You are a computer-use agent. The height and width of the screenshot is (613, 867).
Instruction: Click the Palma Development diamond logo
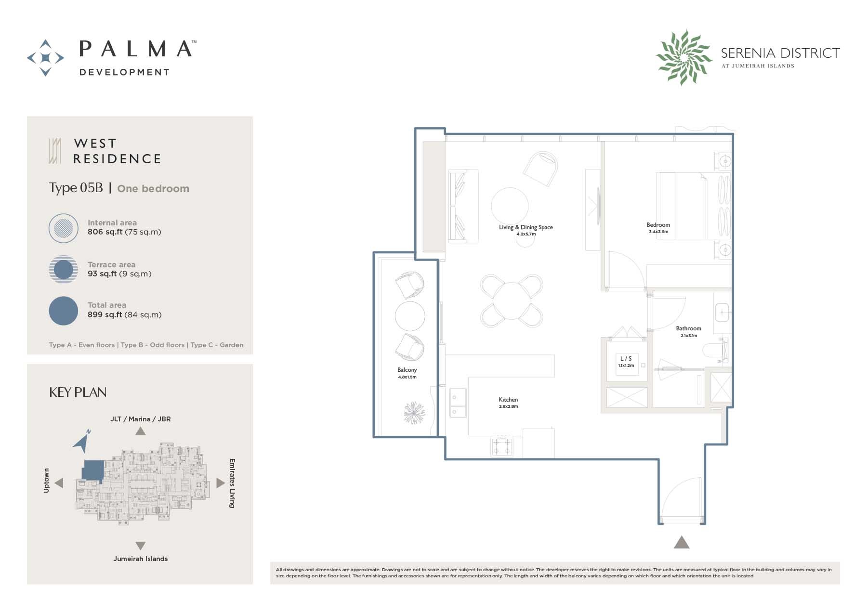pyautogui.click(x=45, y=58)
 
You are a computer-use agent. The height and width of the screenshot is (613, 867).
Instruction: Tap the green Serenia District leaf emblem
pyautogui.click(x=683, y=57)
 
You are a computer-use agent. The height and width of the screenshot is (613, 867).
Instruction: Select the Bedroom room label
pyautogui.click(x=658, y=225)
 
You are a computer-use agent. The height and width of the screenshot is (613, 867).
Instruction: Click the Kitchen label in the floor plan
pyautogui.click(x=508, y=400)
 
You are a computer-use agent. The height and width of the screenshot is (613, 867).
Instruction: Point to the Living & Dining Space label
pyautogui.click(x=525, y=227)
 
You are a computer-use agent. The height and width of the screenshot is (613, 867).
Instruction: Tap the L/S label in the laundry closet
pyautogui.click(x=626, y=359)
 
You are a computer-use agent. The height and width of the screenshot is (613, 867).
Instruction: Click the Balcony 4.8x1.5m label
pyautogui.click(x=407, y=373)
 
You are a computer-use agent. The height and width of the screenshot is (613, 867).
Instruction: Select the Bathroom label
pyautogui.click(x=688, y=328)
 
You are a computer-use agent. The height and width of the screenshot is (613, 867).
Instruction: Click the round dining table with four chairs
pyautogui.click(x=511, y=300)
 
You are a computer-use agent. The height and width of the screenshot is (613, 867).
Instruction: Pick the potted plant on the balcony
pyautogui.click(x=415, y=413)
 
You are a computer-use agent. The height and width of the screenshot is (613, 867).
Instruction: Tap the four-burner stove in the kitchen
pyautogui.click(x=501, y=446)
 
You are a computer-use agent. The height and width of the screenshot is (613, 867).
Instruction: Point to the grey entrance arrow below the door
pyautogui.click(x=681, y=543)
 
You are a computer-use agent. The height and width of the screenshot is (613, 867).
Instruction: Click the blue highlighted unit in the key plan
pyautogui.click(x=93, y=470)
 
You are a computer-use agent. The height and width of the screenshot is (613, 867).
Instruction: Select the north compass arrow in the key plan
pyautogui.click(x=82, y=441)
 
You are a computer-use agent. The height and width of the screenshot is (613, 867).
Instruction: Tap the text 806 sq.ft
pyautogui.click(x=105, y=232)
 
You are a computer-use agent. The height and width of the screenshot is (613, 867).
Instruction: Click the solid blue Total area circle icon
pyautogui.click(x=64, y=311)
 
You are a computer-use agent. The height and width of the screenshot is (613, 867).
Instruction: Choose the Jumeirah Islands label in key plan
pyautogui.click(x=141, y=559)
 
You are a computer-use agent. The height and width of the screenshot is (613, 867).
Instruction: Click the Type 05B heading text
pyautogui.click(x=76, y=188)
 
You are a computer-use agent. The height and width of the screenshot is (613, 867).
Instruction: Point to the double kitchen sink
pyautogui.click(x=458, y=403)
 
